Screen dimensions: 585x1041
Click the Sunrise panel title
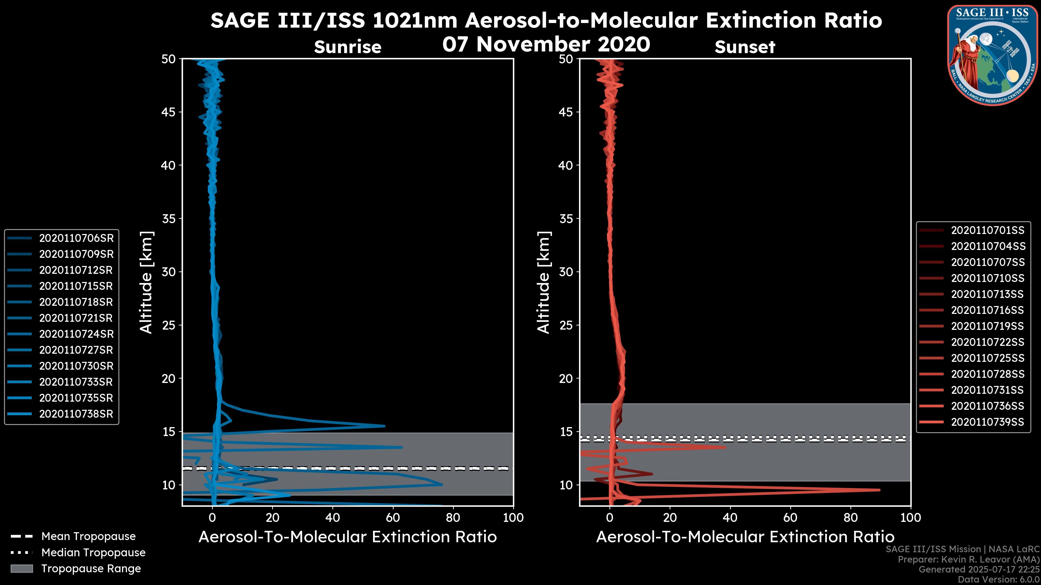(x=348, y=47)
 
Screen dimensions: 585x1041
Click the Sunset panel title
(x=745, y=47)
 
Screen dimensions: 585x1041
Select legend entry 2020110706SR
(x=76, y=238)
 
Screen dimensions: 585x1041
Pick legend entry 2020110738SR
(x=76, y=414)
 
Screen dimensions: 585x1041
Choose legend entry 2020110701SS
(x=988, y=230)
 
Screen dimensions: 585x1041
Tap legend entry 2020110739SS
(x=988, y=422)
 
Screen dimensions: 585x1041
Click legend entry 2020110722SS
(x=988, y=342)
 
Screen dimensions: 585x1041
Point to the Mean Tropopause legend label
(x=88, y=536)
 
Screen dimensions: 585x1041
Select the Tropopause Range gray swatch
(x=22, y=568)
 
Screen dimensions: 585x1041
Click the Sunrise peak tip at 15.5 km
(x=384, y=426)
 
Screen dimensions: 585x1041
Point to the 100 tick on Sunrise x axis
(x=513, y=518)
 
